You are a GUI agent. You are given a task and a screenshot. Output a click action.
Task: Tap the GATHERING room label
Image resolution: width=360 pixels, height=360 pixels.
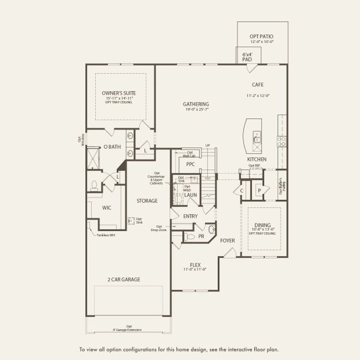point(196,104)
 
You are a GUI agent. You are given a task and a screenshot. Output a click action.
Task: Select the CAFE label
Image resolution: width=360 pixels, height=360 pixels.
point(258,85)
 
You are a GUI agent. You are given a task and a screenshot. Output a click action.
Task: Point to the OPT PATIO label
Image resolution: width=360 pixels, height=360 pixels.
point(262,37)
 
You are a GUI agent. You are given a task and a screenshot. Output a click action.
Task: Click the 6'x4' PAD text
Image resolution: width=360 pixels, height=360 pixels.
point(247,56)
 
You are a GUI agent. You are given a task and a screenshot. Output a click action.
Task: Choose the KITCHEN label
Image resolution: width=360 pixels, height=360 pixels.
point(257,160)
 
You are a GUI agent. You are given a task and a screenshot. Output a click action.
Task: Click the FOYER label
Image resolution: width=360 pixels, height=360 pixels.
point(227,241)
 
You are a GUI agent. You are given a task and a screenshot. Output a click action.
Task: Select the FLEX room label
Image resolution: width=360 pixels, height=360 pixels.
point(195,265)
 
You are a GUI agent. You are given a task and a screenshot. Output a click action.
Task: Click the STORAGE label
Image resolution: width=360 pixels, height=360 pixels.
point(146,201)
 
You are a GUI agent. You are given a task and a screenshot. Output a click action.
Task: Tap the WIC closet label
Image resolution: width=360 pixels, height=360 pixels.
point(107,208)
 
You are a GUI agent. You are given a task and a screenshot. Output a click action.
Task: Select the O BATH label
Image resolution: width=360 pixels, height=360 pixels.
point(112,146)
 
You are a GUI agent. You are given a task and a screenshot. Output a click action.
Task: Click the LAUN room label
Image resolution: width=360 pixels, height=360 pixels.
point(191,195)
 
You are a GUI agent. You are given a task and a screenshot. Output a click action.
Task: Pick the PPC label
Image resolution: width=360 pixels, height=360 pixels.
point(191,163)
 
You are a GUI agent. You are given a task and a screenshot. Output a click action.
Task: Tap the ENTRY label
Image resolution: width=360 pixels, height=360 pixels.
point(191,216)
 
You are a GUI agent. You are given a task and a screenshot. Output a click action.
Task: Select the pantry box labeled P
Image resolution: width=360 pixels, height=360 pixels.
point(260,190)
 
